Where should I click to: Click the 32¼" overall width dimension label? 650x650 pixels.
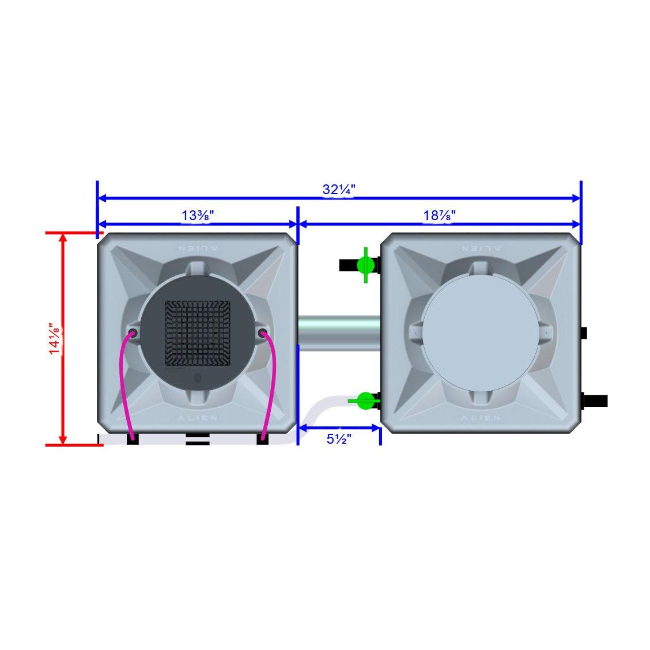[339, 189]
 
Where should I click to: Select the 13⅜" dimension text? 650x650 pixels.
[198, 216]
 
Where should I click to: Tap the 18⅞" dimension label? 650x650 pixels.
[439, 216]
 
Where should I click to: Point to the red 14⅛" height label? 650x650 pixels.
[56, 339]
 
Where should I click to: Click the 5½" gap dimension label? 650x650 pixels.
[339, 439]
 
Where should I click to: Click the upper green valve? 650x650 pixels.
[365, 265]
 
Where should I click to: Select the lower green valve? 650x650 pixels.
[365, 400]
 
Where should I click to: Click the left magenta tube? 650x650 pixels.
[122, 386]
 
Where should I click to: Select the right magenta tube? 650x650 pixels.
[272, 386]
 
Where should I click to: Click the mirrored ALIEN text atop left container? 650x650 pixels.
[197, 248]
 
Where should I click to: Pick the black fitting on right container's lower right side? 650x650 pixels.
[596, 400]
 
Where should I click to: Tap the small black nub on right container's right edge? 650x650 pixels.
[584, 333]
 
